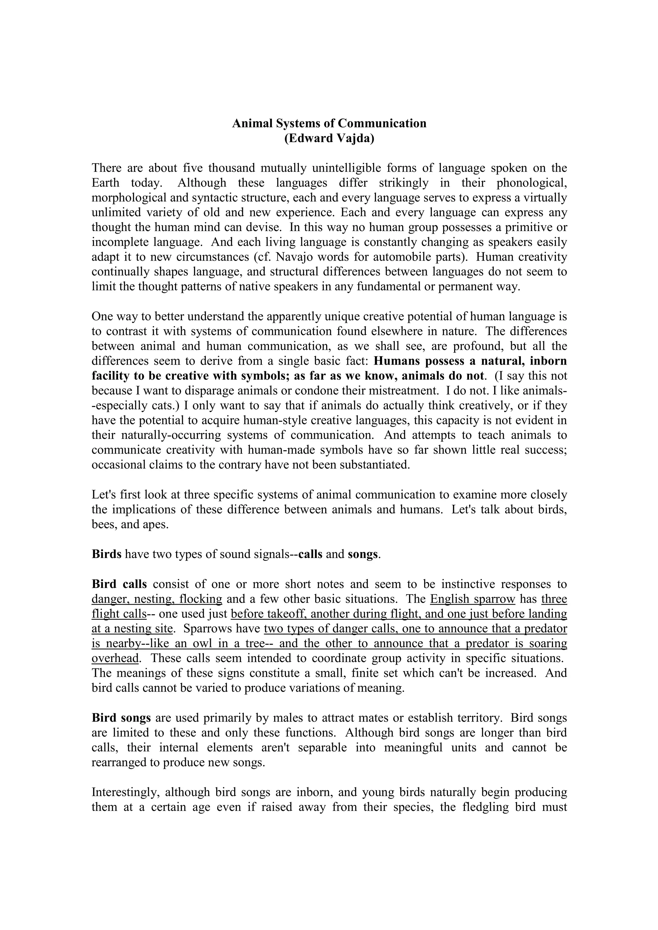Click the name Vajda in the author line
[352, 139]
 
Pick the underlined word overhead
[115, 659]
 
